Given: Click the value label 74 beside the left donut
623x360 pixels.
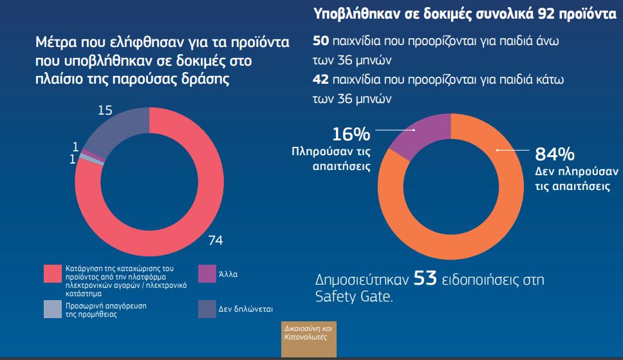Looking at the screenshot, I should point(216,241).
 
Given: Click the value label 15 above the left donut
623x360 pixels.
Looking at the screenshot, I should point(105,111).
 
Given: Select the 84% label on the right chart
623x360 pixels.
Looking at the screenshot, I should point(555,155).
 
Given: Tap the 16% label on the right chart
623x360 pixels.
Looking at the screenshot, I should point(351,134).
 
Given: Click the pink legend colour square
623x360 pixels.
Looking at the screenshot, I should point(52,274).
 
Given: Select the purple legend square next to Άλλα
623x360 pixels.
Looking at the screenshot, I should point(207,274).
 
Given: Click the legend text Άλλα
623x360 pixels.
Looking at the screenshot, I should point(230,274).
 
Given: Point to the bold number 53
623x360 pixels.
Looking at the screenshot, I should point(425,279).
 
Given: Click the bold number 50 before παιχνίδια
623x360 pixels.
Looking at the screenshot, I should point(321,41).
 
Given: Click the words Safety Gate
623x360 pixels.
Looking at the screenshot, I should point(353,297).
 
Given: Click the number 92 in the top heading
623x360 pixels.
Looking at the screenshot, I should point(555,14).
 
